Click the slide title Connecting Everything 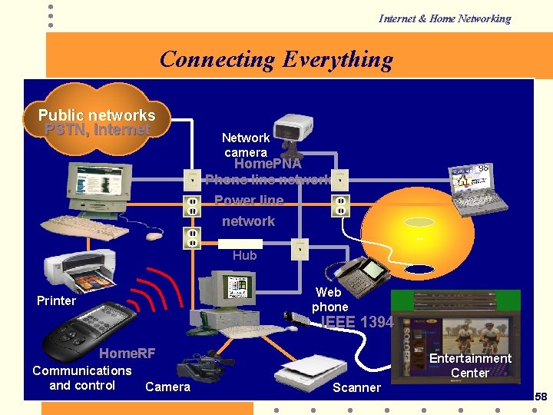[x=276, y=59]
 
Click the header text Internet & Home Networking [x=444, y=18]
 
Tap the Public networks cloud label [x=97, y=115]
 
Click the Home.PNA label [x=267, y=164]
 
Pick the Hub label [x=244, y=255]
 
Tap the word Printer [x=56, y=300]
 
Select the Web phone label [x=329, y=299]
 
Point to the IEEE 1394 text [x=356, y=322]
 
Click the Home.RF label [x=127, y=353]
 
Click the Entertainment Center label [x=470, y=365]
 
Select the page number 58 [x=541, y=397]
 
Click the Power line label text [x=249, y=201]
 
